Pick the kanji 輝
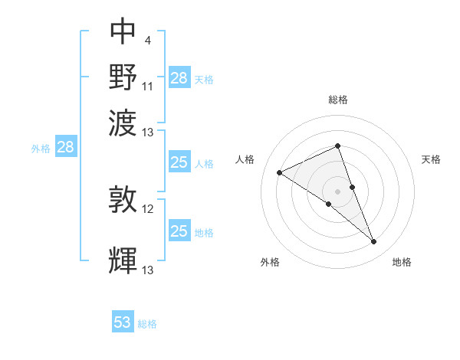click(123, 260)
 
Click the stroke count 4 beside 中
click(147, 39)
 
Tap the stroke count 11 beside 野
click(148, 86)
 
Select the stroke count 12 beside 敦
click(148, 208)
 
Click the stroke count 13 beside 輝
click(148, 270)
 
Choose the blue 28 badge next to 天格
click(179, 78)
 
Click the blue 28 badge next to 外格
click(65, 148)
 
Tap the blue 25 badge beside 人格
click(179, 162)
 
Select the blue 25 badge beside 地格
click(179, 231)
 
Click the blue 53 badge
click(123, 322)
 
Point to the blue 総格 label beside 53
click(147, 324)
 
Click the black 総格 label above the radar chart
click(338, 100)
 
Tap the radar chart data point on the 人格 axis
click(280, 172)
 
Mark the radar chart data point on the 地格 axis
click(374, 242)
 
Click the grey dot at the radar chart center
click(338, 191)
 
